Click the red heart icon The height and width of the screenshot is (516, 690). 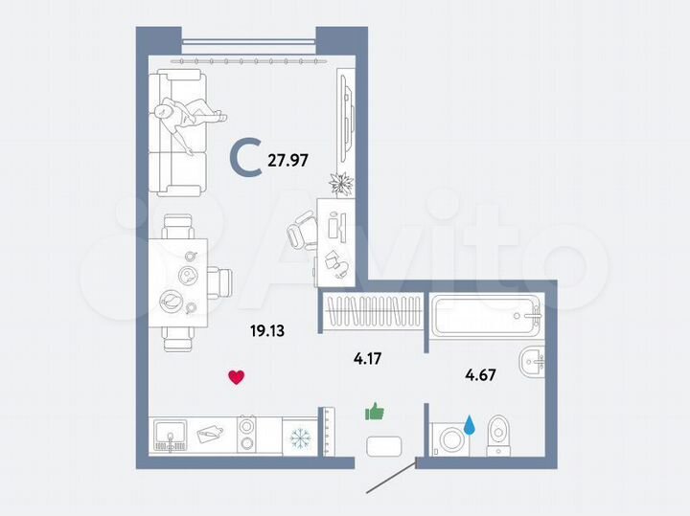[236, 376]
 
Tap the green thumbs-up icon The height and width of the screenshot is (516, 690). [374, 413]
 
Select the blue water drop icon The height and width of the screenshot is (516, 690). [471, 423]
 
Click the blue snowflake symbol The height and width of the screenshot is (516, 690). [301, 437]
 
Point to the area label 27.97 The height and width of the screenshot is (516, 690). [287, 161]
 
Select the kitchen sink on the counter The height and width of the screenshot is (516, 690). [172, 436]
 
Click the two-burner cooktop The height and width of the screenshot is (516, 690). [246, 434]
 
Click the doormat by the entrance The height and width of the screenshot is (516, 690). [384, 447]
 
